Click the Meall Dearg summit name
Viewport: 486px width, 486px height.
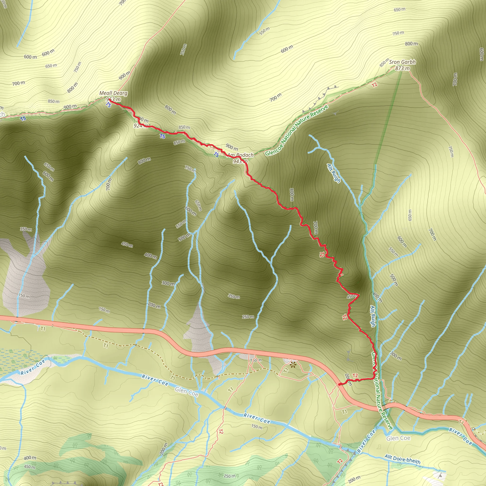[x=113, y=93]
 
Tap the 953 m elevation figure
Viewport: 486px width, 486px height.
[x=113, y=99]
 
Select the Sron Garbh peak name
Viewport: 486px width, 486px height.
[x=402, y=62]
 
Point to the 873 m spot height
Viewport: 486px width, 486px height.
[x=402, y=68]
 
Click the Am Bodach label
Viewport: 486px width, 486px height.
[x=241, y=155]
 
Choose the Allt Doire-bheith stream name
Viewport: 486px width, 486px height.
[x=402, y=459]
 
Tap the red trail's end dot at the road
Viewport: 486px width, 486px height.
[x=339, y=384]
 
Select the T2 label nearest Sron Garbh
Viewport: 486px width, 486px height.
[x=374, y=85]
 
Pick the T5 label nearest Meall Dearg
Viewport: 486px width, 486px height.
[x=108, y=105]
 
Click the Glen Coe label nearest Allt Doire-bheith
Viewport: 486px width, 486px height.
[x=398, y=438]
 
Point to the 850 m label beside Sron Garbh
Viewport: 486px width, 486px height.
[x=384, y=63]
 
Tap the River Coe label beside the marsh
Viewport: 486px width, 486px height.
[x=33, y=367]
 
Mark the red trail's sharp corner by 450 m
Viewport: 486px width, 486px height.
[x=359, y=294]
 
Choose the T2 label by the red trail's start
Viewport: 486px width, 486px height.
[x=355, y=376]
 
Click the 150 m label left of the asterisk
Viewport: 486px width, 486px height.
[x=256, y=360]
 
